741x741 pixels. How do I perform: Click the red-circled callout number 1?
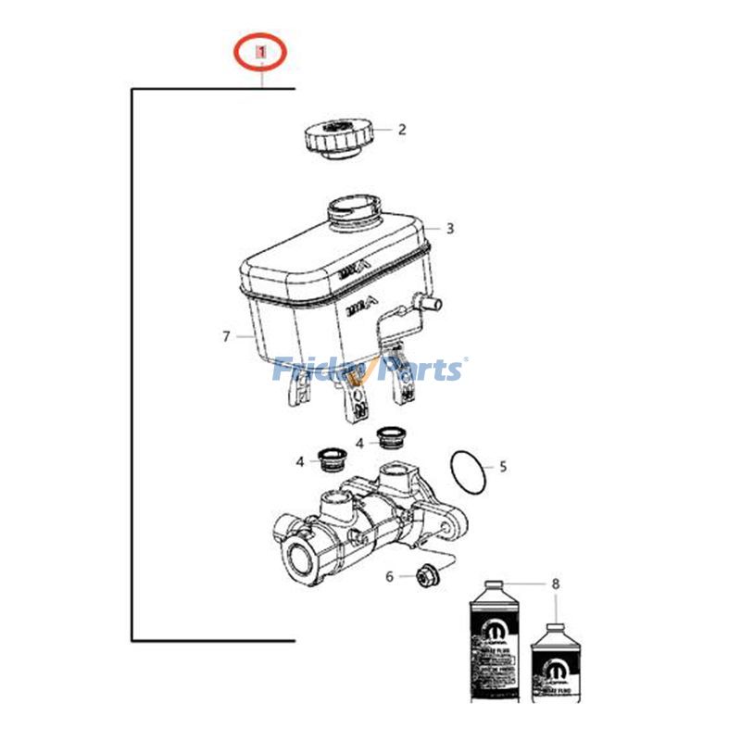261,54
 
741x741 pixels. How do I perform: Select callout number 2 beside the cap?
402,130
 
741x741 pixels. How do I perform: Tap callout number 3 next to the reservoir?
450,228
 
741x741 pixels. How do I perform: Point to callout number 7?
225,337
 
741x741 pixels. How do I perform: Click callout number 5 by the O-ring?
503,467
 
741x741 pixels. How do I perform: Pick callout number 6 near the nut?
390,576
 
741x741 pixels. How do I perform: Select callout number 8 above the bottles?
556,584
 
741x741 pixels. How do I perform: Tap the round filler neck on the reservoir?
353,210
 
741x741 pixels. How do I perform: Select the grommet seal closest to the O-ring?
392,436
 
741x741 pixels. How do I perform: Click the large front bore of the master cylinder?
303,559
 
